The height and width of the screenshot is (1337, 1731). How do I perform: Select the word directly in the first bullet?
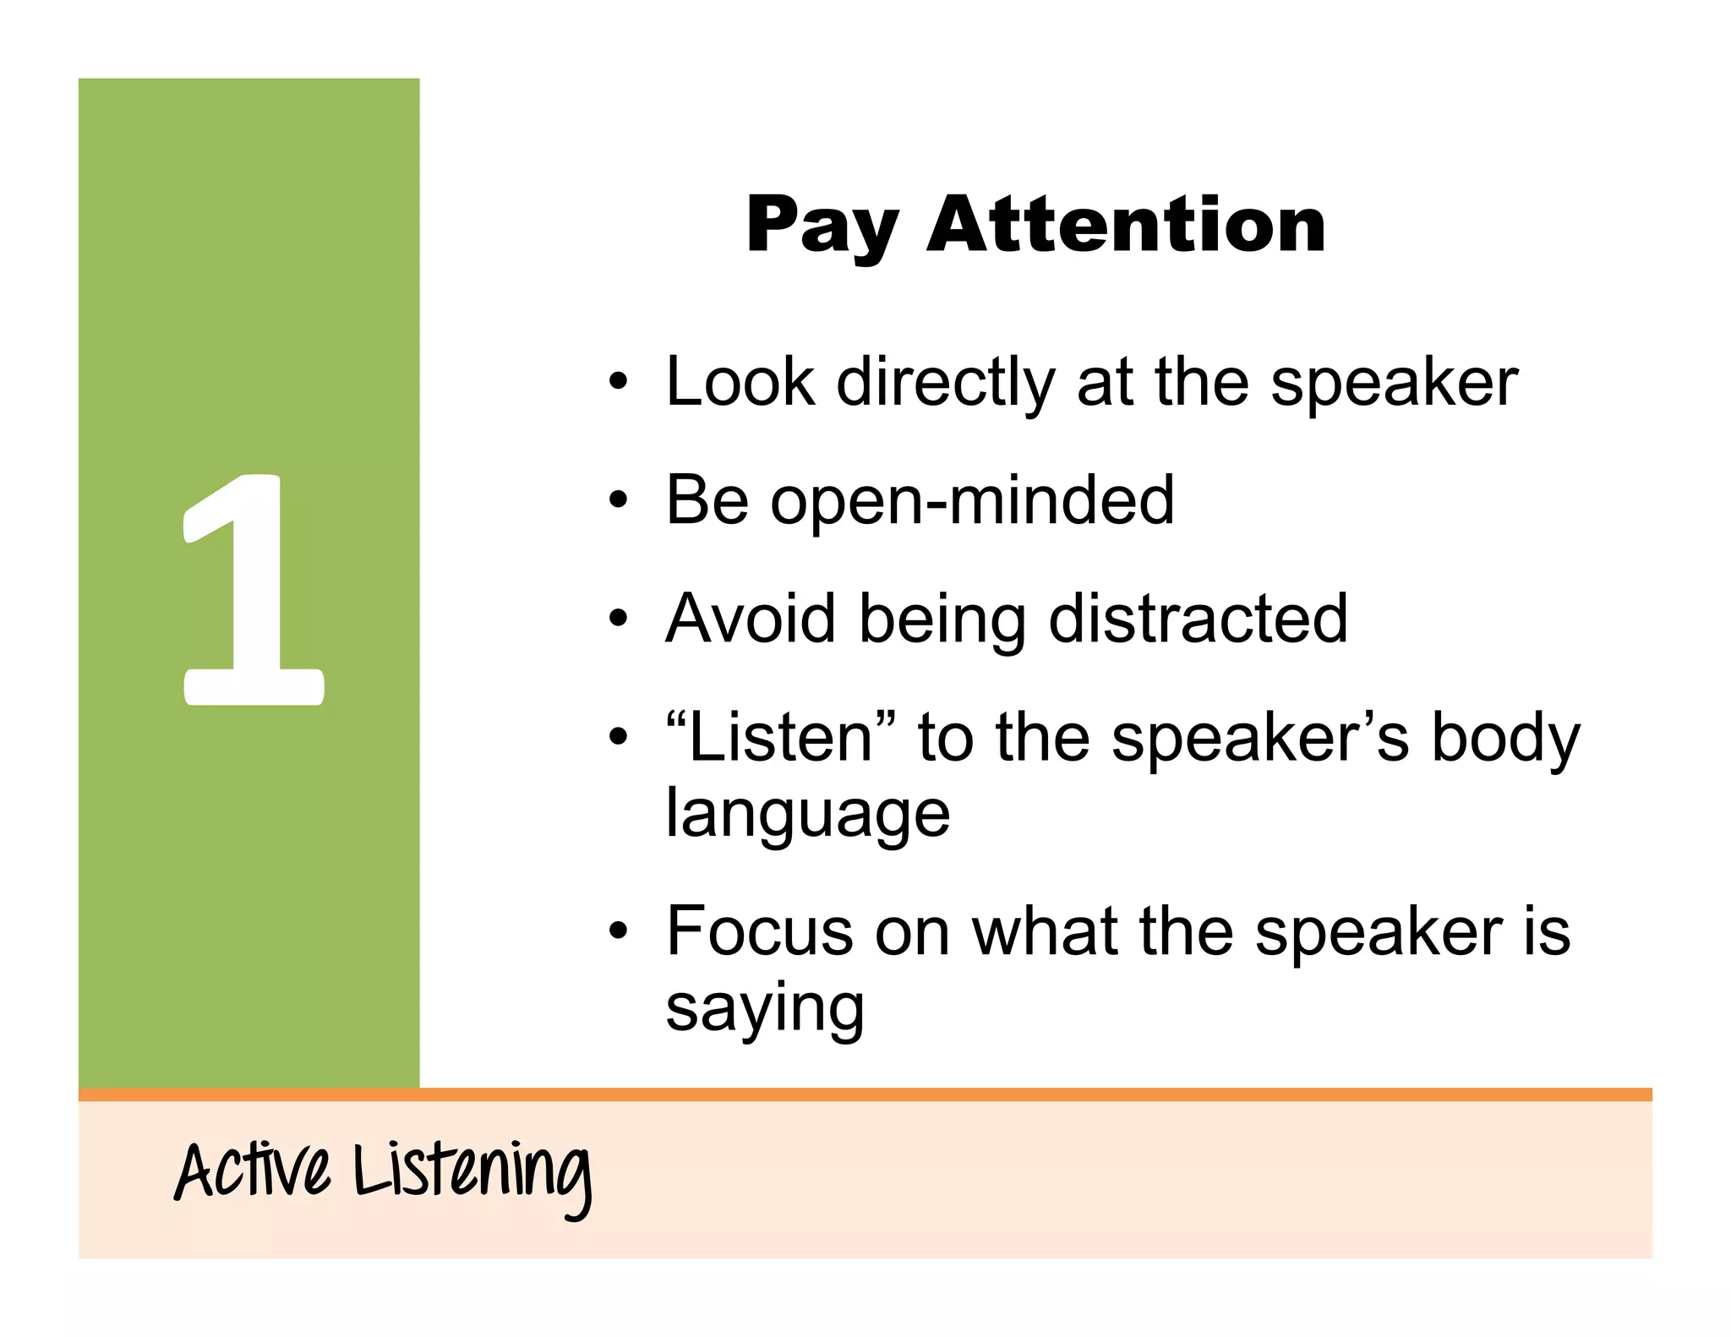coord(946,383)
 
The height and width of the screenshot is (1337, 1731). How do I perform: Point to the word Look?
coord(740,382)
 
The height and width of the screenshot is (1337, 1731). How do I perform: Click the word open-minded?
coord(972,500)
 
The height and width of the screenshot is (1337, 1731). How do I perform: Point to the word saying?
coord(765,1009)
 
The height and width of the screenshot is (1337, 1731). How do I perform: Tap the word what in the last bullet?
coord(1045,931)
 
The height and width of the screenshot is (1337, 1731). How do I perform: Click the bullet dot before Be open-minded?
coord(619,500)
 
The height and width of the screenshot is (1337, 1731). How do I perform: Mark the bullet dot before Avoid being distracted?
coord(619,619)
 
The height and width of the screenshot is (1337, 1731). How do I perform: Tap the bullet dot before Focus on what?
coord(619,931)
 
